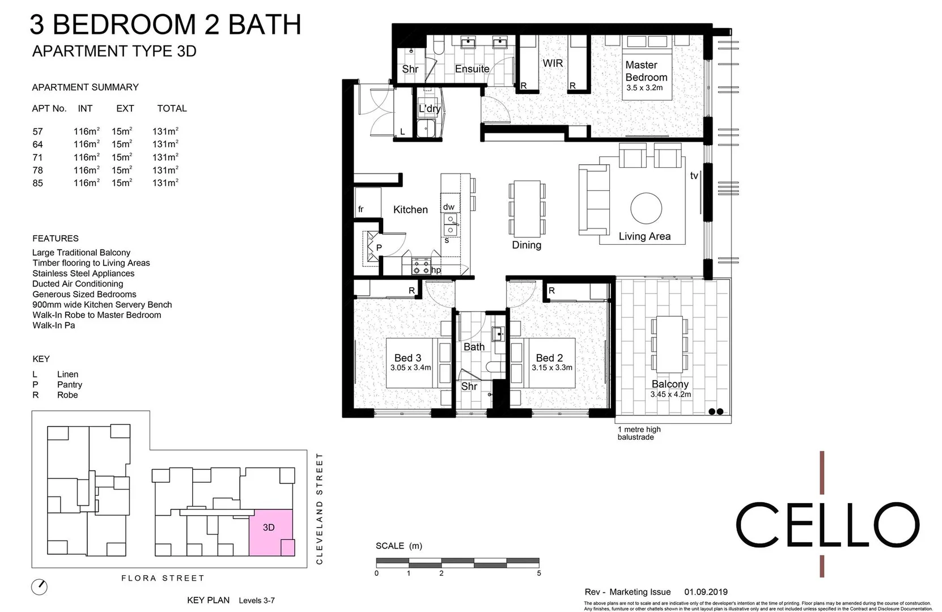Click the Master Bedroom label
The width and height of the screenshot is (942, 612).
646,71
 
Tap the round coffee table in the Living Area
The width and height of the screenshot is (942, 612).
646,208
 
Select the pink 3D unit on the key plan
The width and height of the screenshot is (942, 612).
270,532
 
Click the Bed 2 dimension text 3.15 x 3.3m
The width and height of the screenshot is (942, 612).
551,368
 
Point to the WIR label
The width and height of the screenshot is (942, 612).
553,63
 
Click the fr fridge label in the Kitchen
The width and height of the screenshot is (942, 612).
360,209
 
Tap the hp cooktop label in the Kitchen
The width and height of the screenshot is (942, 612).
436,270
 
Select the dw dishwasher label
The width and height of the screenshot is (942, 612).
448,207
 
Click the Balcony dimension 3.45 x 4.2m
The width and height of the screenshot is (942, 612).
671,394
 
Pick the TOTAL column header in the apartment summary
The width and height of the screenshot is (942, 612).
172,108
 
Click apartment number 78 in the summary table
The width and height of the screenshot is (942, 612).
37,170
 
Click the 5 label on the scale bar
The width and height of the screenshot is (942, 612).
538,573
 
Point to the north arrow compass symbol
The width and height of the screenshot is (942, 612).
39,586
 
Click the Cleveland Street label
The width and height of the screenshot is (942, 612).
319,508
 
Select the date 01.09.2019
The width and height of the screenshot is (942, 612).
706,592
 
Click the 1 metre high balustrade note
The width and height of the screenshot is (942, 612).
639,433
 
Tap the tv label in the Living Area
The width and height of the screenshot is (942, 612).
694,176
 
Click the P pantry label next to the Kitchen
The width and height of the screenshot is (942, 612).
379,248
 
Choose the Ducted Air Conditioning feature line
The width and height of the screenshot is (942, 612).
78,284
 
